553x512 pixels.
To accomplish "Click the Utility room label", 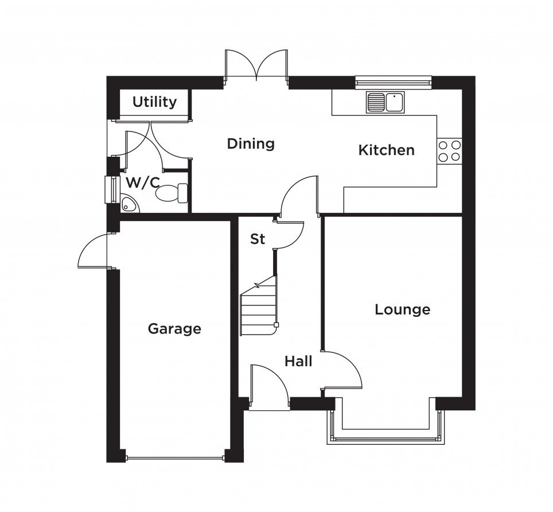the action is point(154,102).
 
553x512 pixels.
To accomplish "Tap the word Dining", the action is point(251,143).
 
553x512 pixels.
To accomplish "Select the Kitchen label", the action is point(387,150).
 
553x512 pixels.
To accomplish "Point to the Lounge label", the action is point(402,309).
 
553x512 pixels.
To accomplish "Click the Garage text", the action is point(174,329).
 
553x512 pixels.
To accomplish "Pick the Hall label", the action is point(298,362).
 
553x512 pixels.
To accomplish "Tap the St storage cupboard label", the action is point(258,239).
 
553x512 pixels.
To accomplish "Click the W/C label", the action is point(142,183).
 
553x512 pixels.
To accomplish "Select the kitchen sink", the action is point(386,102).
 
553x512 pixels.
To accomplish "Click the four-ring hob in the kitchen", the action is point(449,150).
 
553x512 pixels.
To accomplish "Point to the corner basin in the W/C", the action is point(129,204).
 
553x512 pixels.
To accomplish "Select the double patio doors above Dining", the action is point(256,64).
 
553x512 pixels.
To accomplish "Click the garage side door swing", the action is point(92,250).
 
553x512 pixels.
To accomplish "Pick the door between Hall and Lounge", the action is point(342,370).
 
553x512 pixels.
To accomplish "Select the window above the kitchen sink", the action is point(393,82).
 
